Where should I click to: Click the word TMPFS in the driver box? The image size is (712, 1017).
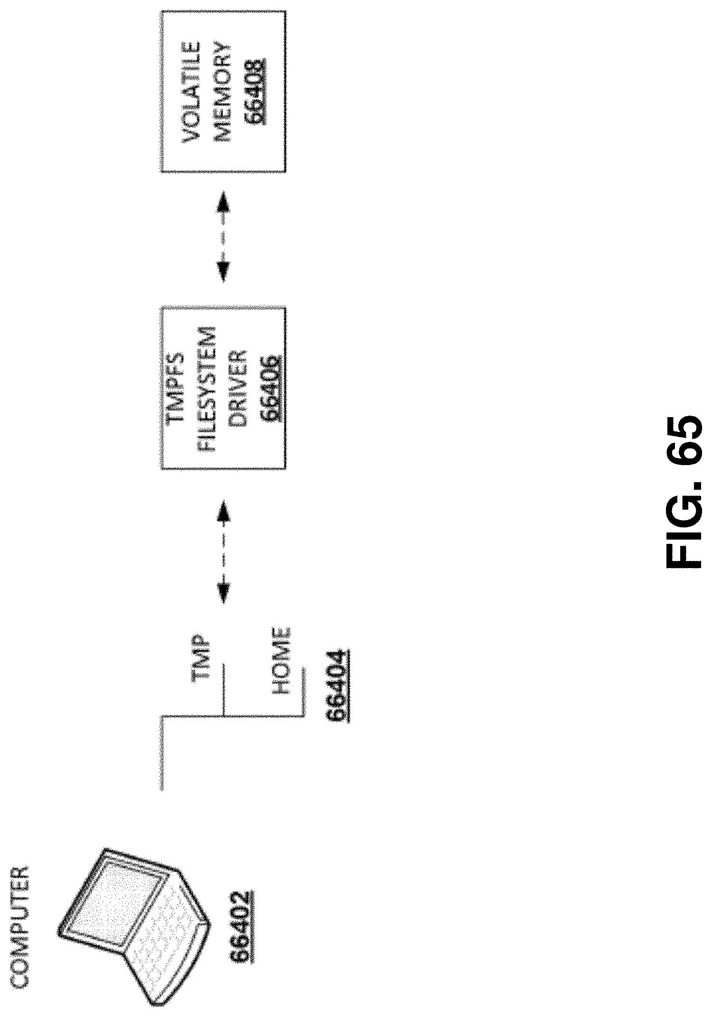[x=177, y=388]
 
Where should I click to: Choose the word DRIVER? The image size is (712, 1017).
[x=237, y=388]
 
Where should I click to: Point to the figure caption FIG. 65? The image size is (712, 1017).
[x=684, y=494]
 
